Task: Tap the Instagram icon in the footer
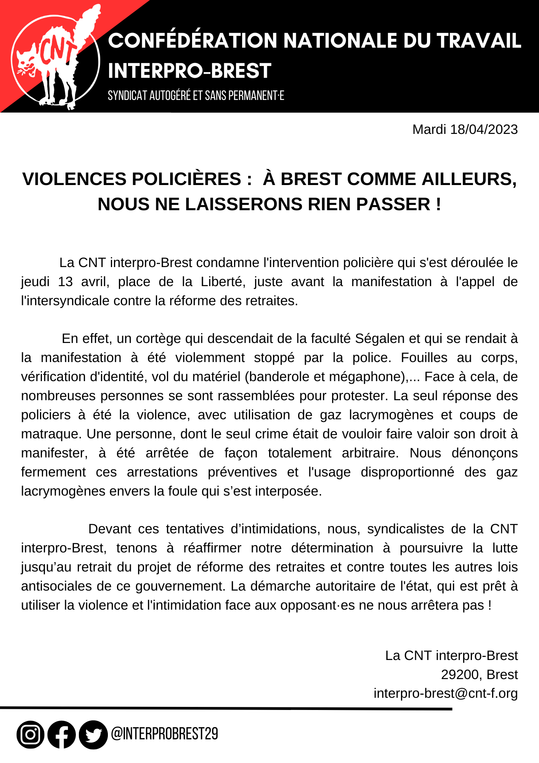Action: tap(30, 734)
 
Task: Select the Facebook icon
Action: tap(62, 734)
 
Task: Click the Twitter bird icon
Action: tap(93, 734)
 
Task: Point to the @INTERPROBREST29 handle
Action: tap(164, 734)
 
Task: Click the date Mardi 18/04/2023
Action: tap(465, 130)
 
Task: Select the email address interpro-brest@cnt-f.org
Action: tap(445, 693)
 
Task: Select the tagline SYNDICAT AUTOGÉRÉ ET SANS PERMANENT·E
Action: tap(196, 95)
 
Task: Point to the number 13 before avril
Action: tap(65, 282)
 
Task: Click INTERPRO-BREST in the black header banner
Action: tap(189, 71)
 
